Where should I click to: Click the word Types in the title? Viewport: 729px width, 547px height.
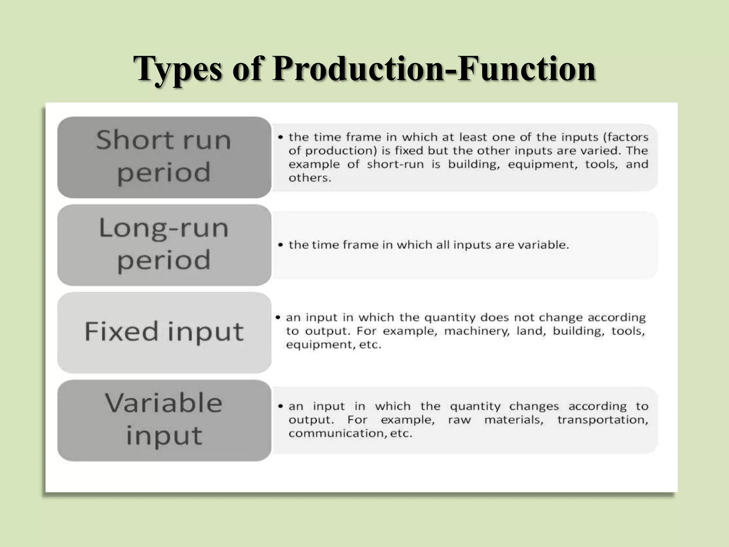[x=178, y=69]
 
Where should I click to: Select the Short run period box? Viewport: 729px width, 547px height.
[x=164, y=157]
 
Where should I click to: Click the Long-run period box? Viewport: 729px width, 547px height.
[x=164, y=245]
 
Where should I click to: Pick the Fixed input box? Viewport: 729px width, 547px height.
[x=164, y=332]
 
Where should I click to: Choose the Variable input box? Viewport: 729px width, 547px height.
[x=164, y=420]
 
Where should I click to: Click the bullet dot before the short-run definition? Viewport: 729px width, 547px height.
[x=281, y=137]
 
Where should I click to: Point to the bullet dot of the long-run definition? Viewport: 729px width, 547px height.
[x=281, y=245]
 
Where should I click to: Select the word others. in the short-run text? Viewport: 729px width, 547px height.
[x=310, y=178]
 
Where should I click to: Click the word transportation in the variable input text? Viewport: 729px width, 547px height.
[x=602, y=420]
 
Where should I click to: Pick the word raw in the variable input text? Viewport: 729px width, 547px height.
[x=459, y=420]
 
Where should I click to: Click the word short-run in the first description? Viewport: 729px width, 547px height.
[x=395, y=164]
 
